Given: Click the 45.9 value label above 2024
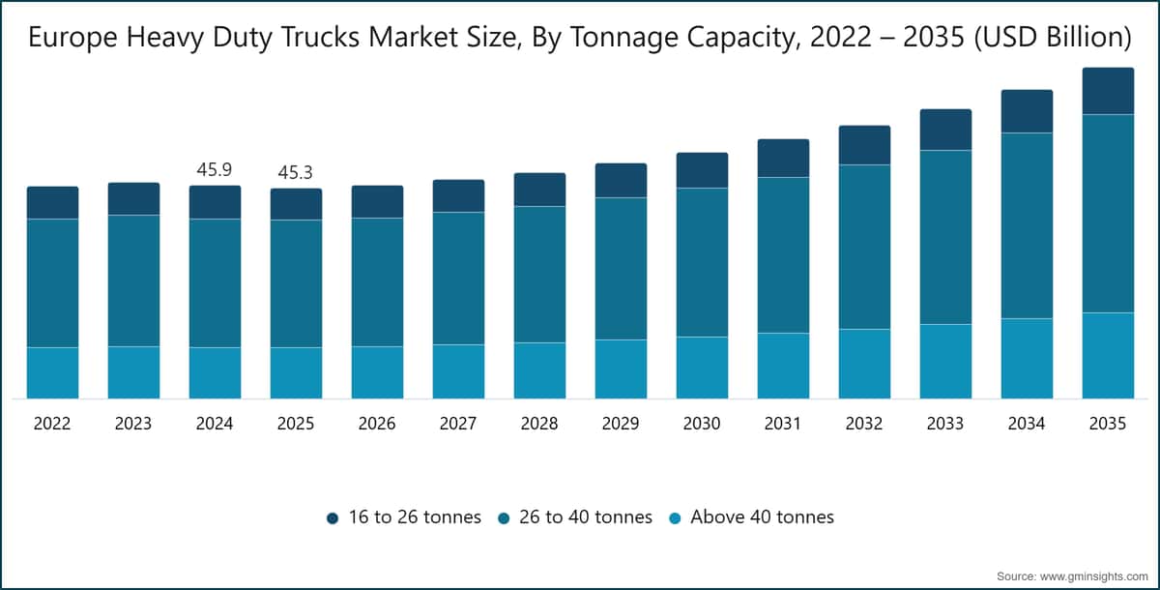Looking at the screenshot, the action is [215, 169].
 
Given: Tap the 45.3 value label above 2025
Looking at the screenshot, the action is [295, 172].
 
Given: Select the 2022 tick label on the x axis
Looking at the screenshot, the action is [52, 424].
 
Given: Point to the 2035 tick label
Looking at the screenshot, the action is [1108, 424].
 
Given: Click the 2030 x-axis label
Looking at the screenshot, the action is [702, 424].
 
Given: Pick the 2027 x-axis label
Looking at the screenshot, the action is [458, 424].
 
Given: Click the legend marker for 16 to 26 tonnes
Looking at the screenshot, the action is [333, 518].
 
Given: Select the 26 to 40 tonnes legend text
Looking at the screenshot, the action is [586, 516].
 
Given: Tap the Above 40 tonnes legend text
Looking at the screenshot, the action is [763, 516].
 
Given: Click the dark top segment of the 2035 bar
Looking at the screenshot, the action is [1108, 91].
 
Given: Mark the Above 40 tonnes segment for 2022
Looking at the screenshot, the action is [53, 373].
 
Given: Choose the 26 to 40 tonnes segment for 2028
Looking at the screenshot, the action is [539, 275].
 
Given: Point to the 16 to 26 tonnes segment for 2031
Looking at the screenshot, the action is [784, 158].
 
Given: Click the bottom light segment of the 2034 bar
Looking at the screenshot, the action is [1027, 359].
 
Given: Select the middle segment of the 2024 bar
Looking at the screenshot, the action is [215, 282].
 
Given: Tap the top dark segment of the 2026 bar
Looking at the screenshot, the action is [378, 201].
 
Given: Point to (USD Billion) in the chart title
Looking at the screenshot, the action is [1053, 38].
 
